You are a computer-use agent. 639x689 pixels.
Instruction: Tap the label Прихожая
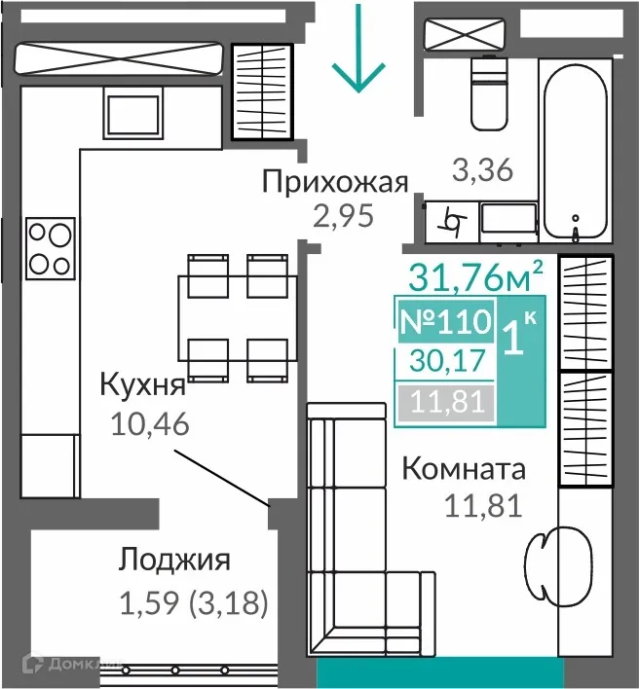[334, 182]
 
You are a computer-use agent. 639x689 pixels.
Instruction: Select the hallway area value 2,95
[343, 215]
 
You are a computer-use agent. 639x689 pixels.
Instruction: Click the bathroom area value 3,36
[482, 170]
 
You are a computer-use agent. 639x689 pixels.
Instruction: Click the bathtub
[577, 146]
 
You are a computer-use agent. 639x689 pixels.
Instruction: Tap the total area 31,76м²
[474, 277]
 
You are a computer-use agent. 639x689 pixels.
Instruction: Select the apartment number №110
[445, 322]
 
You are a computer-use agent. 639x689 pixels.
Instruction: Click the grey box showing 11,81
[444, 401]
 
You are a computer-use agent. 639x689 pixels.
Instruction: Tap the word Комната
[463, 470]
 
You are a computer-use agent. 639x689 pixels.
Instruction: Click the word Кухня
[142, 386]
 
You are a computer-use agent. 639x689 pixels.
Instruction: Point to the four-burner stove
[50, 248]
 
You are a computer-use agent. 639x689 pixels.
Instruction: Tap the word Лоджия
[174, 561]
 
